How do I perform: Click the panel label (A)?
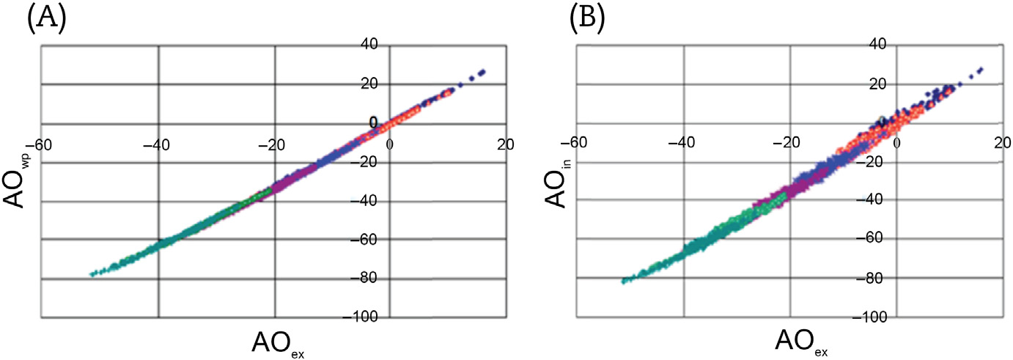(45, 18)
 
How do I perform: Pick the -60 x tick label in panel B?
(573, 140)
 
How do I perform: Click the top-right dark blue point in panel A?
(483, 71)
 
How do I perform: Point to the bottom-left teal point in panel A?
(92, 274)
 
